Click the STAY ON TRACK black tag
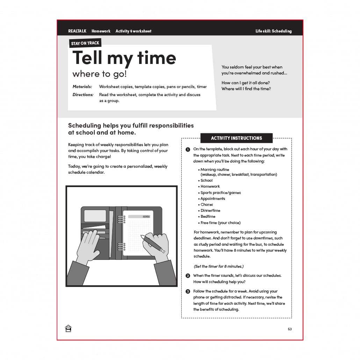(85, 43)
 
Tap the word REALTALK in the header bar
(77, 31)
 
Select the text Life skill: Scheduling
(273, 31)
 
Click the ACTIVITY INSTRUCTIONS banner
(236, 138)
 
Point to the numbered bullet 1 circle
(188, 150)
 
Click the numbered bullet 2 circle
(188, 276)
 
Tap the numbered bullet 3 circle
(188, 291)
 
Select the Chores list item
(207, 204)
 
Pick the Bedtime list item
(209, 217)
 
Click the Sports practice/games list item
(220, 193)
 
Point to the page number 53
(290, 329)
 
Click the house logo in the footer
(69, 329)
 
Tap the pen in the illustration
(152, 244)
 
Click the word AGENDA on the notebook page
(146, 217)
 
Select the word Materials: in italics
(82, 87)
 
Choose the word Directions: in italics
(83, 95)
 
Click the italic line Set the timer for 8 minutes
(219, 266)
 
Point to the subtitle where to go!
(100, 74)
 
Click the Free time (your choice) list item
(220, 223)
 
